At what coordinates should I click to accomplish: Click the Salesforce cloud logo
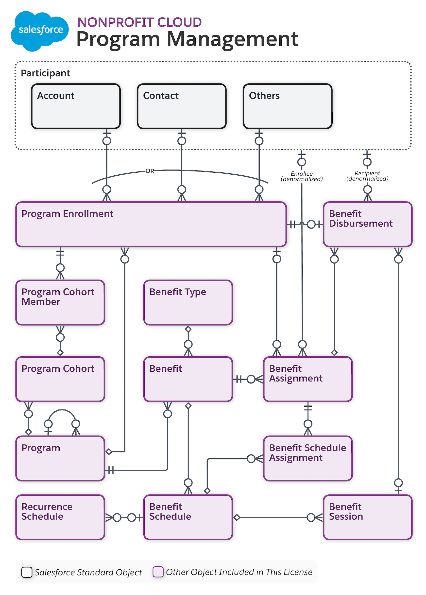(x=40, y=31)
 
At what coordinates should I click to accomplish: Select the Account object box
(x=76, y=106)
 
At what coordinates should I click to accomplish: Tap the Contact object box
(x=182, y=106)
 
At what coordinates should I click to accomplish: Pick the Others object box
(x=288, y=106)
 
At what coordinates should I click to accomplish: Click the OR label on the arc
(x=150, y=171)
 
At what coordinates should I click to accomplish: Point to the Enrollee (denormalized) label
(x=302, y=176)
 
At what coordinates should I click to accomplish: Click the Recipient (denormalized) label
(x=367, y=176)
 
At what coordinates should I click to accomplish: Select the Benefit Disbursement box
(x=368, y=224)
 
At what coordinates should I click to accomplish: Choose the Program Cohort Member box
(x=60, y=302)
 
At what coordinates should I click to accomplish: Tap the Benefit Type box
(x=188, y=302)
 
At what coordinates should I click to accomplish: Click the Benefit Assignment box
(x=308, y=379)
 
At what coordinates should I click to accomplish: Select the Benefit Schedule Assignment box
(x=308, y=458)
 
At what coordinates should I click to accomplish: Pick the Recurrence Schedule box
(x=60, y=517)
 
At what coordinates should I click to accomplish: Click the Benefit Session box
(x=368, y=517)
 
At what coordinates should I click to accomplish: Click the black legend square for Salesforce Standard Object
(x=27, y=572)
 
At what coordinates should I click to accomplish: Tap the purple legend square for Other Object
(x=158, y=572)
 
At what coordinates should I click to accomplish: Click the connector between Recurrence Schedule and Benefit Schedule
(x=124, y=517)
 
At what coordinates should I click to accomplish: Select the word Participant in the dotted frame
(x=45, y=73)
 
